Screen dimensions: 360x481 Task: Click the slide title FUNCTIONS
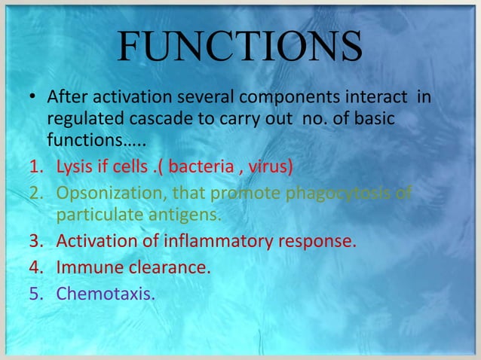[240, 49]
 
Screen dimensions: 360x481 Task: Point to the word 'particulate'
[97, 215]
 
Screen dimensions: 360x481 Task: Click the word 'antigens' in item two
[183, 215]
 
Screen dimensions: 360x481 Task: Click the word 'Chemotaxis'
[105, 291]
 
